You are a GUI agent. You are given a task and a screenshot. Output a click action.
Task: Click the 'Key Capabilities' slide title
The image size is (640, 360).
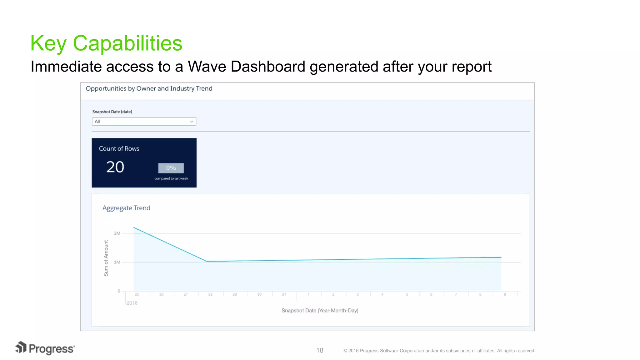pos(106,43)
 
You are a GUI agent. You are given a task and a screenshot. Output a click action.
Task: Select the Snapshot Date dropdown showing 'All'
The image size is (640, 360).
pos(144,122)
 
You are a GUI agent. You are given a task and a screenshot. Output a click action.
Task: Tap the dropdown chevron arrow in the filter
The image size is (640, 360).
pos(192,122)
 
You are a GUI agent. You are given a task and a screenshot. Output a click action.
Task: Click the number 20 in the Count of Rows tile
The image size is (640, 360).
pos(115,167)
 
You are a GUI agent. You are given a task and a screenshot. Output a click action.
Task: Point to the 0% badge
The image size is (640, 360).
pos(171,168)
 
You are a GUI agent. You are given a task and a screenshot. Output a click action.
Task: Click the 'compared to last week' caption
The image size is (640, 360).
pos(171,178)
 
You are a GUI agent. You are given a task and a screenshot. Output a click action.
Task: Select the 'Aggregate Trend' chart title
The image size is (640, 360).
pos(126,208)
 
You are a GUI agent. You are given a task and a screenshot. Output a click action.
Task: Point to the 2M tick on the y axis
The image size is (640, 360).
pos(117,233)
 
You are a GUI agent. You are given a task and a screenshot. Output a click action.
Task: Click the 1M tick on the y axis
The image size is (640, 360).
pos(117,262)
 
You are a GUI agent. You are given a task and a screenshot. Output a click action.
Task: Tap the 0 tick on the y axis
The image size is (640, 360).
pos(119,291)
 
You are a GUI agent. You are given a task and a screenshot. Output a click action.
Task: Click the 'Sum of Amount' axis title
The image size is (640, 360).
pos(106,258)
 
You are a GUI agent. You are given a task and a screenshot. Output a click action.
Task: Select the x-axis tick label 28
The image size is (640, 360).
pos(210,294)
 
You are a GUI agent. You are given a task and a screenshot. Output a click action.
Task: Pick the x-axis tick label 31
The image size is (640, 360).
pos(284,294)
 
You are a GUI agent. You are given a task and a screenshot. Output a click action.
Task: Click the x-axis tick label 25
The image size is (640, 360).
pos(137,294)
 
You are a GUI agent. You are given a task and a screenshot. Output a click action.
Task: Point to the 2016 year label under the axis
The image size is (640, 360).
pos(132,303)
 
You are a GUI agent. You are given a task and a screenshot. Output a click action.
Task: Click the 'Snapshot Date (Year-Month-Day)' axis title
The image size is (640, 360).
pos(320,311)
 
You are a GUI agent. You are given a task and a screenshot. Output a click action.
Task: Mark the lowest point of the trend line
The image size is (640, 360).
pos(207,261)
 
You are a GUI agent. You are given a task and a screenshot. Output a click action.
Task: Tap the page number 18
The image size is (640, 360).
pos(320,350)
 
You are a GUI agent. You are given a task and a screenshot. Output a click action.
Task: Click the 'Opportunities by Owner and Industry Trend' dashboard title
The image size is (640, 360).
pos(149,89)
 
